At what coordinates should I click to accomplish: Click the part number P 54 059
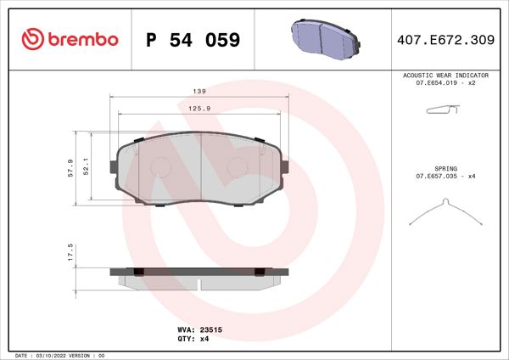pyautogui.click(x=193, y=40)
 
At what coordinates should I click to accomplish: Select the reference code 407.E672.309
pyautogui.click(x=446, y=40)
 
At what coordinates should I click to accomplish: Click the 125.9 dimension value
pyautogui.click(x=199, y=107)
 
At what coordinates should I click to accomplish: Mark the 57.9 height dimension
pyautogui.click(x=70, y=167)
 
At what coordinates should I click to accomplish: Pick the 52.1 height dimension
pyautogui.click(x=88, y=167)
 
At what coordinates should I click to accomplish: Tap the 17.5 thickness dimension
pyautogui.click(x=70, y=253)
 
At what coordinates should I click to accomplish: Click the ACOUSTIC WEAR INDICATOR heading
pyautogui.click(x=445, y=76)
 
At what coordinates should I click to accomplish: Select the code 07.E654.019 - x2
pyautogui.click(x=445, y=83)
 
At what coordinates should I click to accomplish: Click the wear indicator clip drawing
pyautogui.click(x=441, y=110)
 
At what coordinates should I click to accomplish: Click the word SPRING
pyautogui.click(x=445, y=168)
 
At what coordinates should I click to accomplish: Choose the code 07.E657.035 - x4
pyautogui.click(x=445, y=176)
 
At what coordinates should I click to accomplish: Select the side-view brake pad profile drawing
pyautogui.click(x=199, y=276)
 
